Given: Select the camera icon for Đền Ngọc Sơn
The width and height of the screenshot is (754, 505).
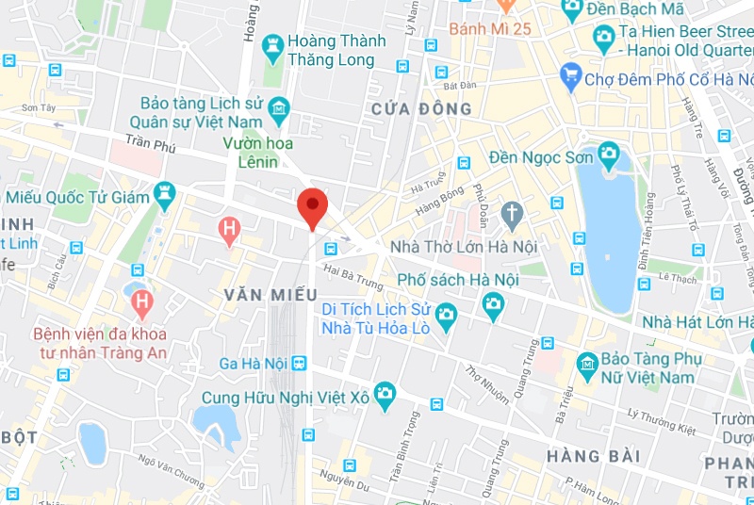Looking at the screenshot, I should tap(608, 152).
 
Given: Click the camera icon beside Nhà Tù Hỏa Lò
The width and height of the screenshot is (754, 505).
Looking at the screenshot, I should tap(446, 315).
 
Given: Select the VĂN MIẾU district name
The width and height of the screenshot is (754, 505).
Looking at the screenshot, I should tap(270, 296).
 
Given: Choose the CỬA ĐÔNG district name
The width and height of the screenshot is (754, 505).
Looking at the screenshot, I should tap(420, 109).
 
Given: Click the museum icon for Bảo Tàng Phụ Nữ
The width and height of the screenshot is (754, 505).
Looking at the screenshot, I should tap(588, 363).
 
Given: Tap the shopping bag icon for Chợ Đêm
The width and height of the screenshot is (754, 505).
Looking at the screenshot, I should tap(569, 73).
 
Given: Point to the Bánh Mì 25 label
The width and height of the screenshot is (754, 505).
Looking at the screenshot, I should tap(490, 28).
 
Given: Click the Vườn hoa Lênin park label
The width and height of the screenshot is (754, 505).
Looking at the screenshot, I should tap(257, 152).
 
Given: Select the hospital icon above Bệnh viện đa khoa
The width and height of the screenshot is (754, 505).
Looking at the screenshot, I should tap(142, 303).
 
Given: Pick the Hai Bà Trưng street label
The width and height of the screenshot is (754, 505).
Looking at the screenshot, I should tap(353, 275).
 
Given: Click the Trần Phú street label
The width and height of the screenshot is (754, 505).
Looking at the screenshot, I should tap(151, 145).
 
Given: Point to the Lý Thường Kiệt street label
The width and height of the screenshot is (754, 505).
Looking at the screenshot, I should tap(660, 421).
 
